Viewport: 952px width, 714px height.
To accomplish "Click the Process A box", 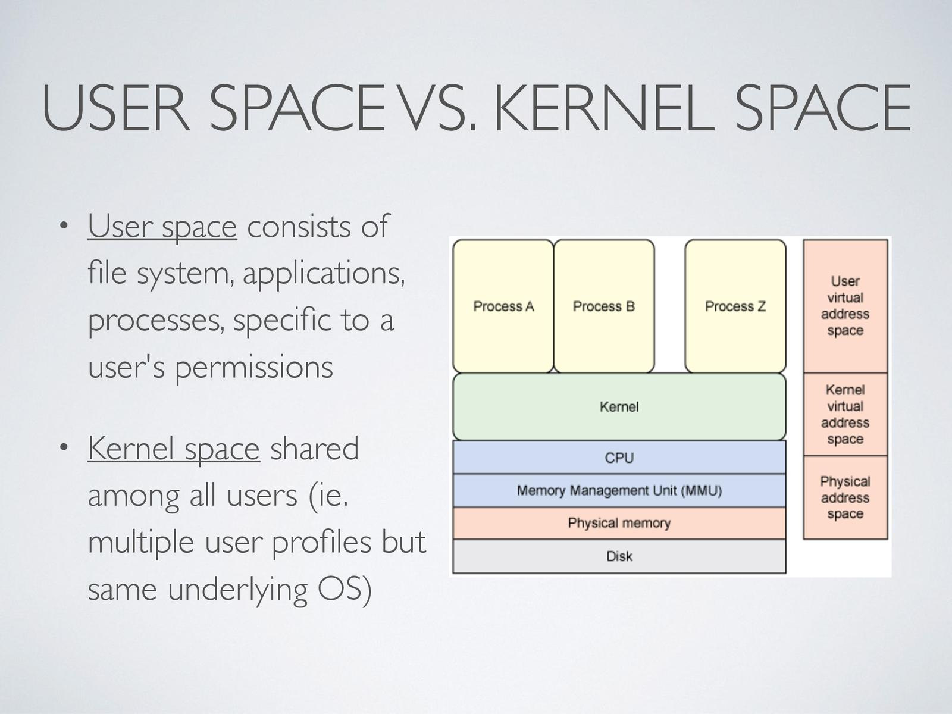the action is click(x=503, y=306).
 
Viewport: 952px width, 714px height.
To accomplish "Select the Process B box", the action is click(x=604, y=306).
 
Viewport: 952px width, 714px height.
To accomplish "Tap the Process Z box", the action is click(x=735, y=306).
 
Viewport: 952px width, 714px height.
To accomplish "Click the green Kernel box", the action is click(x=619, y=407).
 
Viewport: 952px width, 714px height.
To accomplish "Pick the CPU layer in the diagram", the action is click(x=619, y=458).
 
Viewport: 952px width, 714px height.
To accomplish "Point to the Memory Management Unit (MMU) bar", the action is click(x=619, y=491).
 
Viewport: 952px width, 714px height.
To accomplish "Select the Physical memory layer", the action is click(x=619, y=523).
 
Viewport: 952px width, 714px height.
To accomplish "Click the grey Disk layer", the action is click(x=619, y=556).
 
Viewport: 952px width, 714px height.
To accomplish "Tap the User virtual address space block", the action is click(x=845, y=306).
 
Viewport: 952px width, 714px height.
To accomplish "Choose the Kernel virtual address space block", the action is click(x=845, y=414).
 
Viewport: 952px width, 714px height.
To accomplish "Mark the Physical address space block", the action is click(x=845, y=497).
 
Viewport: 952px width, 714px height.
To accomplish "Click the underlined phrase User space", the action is click(x=162, y=227).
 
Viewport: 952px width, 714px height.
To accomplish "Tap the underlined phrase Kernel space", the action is click(x=174, y=449).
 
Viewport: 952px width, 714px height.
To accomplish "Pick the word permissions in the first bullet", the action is click(x=253, y=367).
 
